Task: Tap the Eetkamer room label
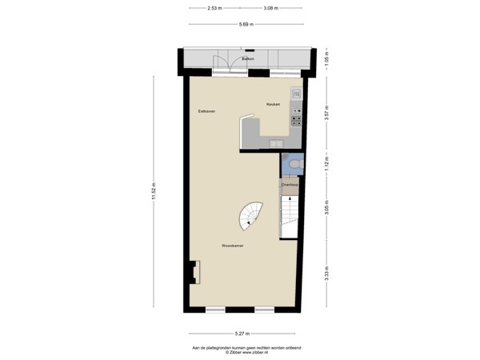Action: tap(207, 111)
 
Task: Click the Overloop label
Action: tap(290, 185)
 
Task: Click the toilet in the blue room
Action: tap(295, 164)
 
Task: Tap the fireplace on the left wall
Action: tap(194, 273)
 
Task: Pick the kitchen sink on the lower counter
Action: tap(275, 144)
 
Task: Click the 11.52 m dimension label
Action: tap(154, 192)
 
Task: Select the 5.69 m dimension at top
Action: tap(246, 24)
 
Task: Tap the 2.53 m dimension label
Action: tap(214, 8)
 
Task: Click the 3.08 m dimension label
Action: tap(270, 8)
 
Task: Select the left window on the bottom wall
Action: tap(215, 310)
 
